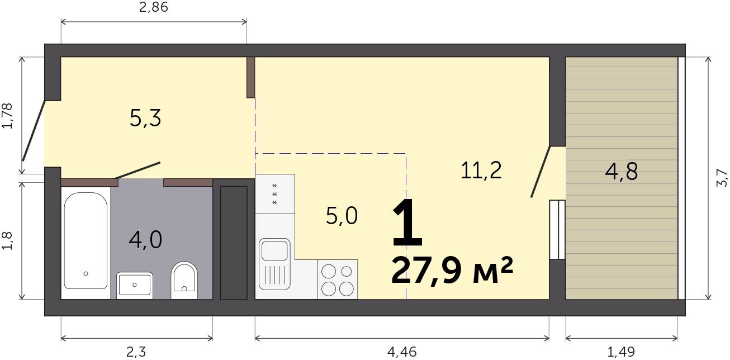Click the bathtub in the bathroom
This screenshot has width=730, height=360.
click(86, 241)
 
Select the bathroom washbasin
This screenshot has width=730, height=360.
click(135, 286)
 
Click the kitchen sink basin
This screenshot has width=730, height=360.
click(274, 251)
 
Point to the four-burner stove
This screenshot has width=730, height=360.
click(338, 280)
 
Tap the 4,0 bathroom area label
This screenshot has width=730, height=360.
click(145, 240)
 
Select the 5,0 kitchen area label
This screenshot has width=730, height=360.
click(342, 216)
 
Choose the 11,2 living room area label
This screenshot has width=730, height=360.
click(481, 170)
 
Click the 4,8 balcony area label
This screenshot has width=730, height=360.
click(621, 172)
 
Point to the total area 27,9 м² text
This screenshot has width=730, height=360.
click(452, 271)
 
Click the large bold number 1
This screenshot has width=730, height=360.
click(407, 223)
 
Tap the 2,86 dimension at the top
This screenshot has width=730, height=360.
click(154, 7)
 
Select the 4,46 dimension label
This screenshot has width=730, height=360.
click(402, 352)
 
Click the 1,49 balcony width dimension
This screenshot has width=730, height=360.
click(621, 352)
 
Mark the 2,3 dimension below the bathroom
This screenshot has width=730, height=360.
click(136, 352)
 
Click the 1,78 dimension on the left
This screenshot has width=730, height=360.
click(7, 116)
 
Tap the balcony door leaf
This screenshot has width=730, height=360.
click(541, 172)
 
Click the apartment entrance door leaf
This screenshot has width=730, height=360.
click(33, 131)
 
